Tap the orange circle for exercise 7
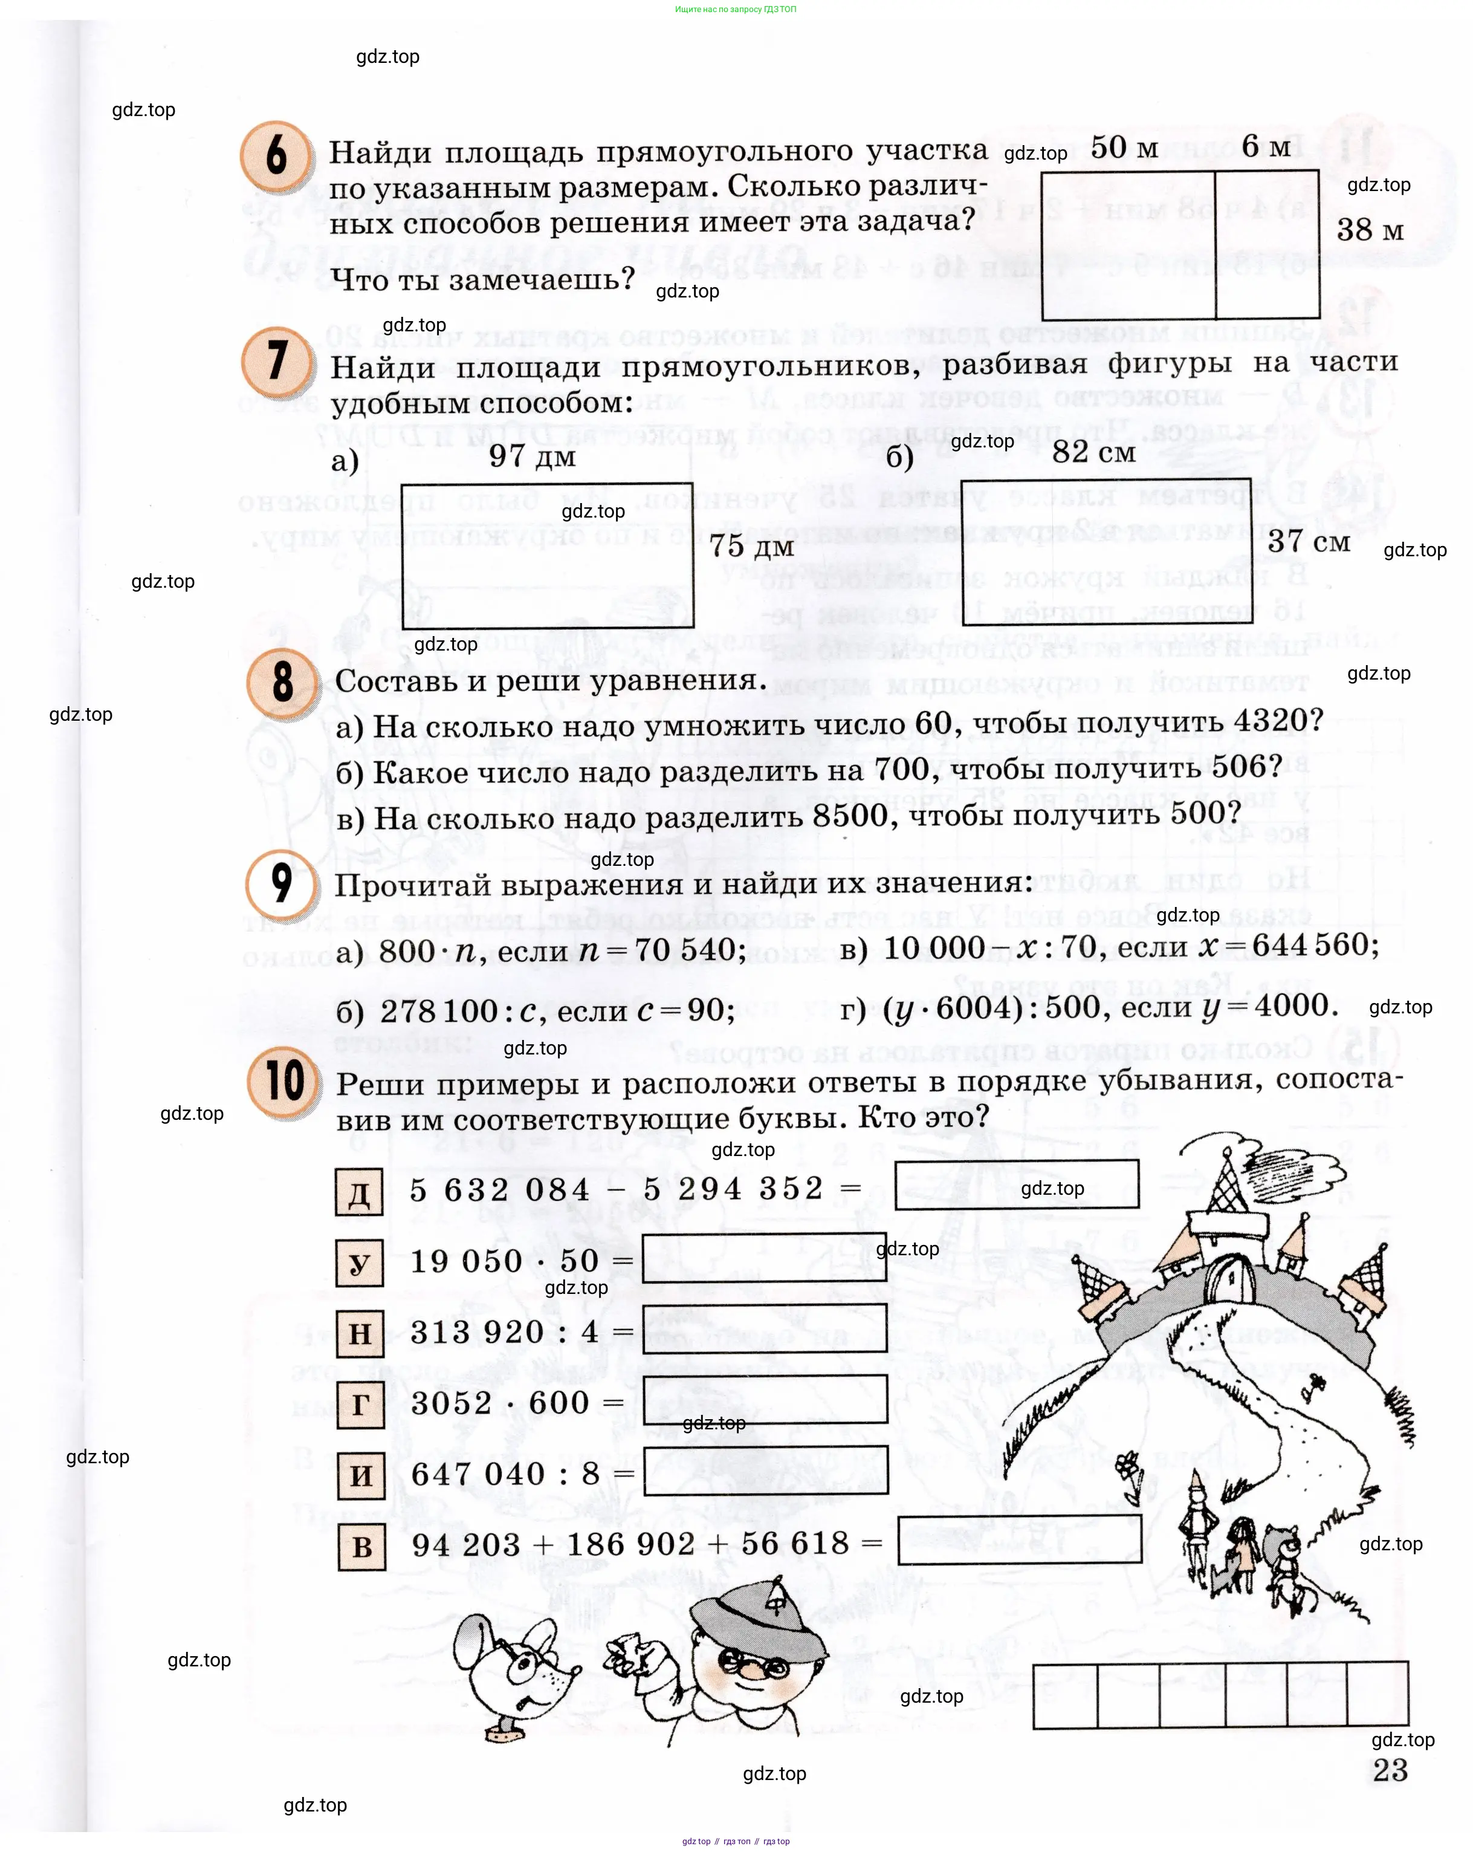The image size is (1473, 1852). click(x=277, y=361)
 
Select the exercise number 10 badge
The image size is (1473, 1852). click(x=283, y=1082)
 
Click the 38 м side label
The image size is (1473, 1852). click(x=1370, y=230)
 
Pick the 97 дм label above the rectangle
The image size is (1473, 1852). click(x=532, y=455)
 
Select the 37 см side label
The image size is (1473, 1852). click(x=1308, y=541)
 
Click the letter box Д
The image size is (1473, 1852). click(x=359, y=1192)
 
